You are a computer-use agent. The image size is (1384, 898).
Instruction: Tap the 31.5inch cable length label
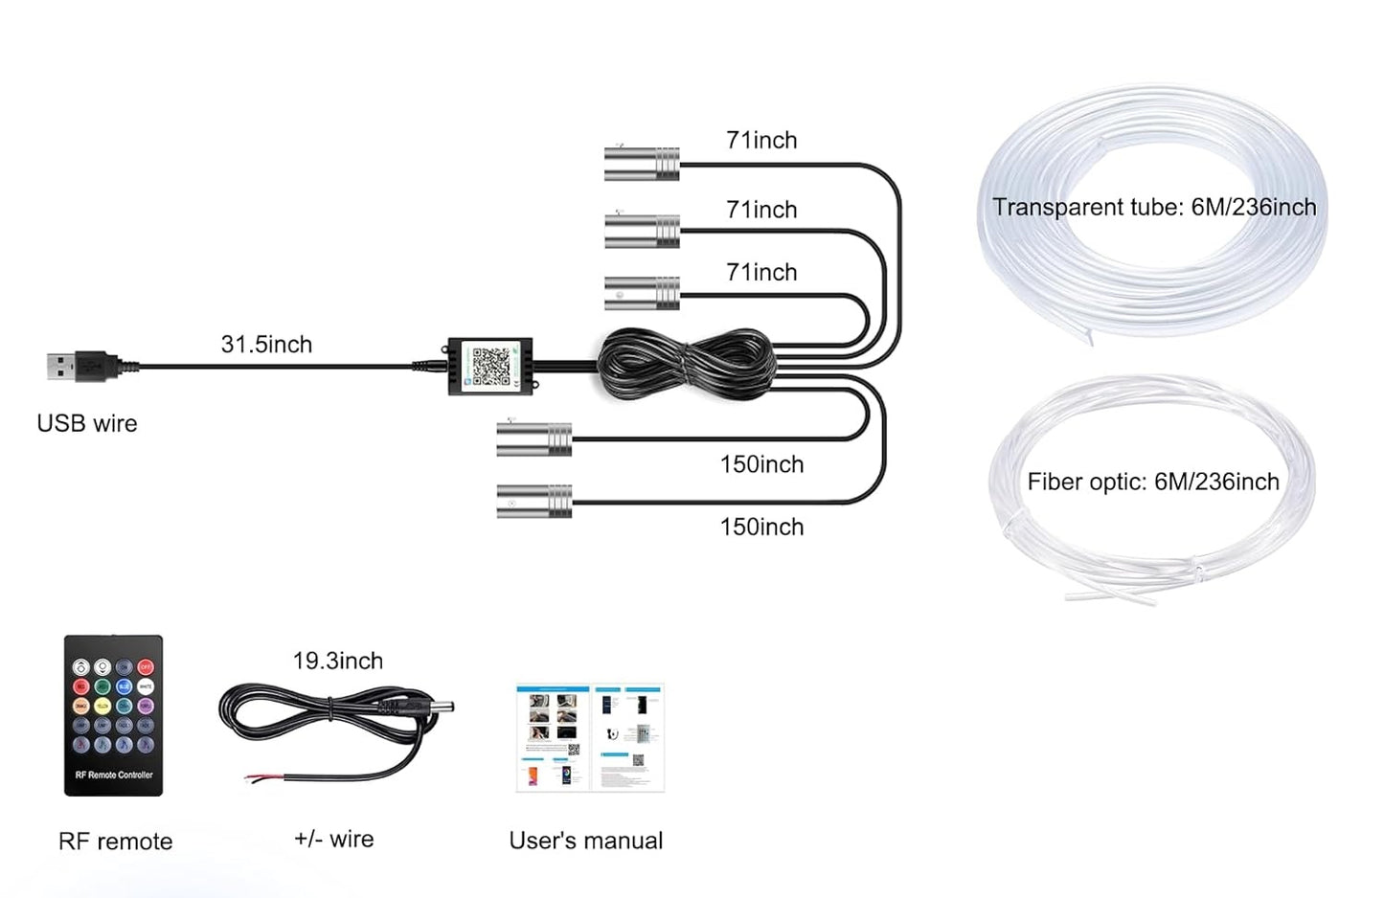click(x=266, y=345)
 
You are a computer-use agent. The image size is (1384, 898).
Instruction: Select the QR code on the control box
click(x=490, y=367)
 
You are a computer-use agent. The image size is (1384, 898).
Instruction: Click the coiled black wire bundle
click(x=686, y=365)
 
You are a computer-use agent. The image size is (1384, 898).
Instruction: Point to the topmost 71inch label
click(x=761, y=141)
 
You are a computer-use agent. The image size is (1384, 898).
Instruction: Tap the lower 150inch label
click(x=761, y=528)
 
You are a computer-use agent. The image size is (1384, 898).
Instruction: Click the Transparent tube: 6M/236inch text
click(x=1154, y=208)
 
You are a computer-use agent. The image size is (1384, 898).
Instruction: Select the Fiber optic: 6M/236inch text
click(x=1153, y=483)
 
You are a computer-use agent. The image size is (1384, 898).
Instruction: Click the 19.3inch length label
click(x=338, y=662)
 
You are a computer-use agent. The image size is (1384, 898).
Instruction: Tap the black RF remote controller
click(x=113, y=715)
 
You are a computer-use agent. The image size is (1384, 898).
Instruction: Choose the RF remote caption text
click(x=116, y=842)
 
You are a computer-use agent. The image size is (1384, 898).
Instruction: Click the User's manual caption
click(x=586, y=841)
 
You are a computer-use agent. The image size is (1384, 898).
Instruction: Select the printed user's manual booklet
click(x=590, y=737)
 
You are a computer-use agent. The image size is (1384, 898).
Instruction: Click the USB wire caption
click(x=87, y=424)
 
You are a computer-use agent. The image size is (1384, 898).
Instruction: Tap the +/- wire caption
click(x=334, y=840)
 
